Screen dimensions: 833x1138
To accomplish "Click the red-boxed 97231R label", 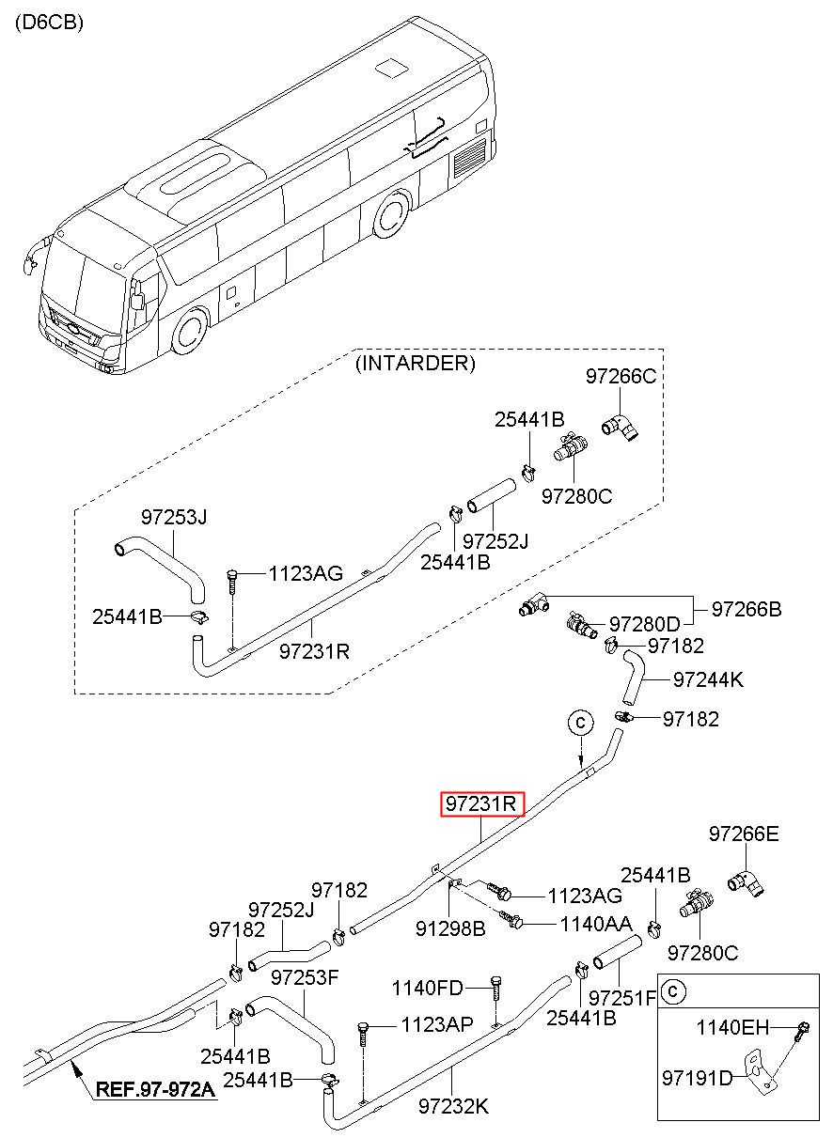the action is tap(481, 803).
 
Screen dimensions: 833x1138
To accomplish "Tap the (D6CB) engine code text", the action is tap(49, 23).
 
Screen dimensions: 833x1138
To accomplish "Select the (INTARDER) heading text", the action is tap(416, 364).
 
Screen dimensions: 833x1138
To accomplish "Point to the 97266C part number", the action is tap(621, 376).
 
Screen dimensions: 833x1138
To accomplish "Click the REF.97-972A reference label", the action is tap(155, 1090).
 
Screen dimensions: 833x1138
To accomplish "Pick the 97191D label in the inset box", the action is tap(698, 1077).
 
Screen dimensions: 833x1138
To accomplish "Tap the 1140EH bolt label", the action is tap(732, 1027).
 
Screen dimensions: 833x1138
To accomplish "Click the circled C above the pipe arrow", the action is tap(580, 722).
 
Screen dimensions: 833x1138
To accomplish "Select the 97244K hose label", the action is tap(708, 679).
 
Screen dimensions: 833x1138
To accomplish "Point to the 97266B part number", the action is tap(747, 609).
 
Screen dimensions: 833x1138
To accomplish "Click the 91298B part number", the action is tap(450, 928).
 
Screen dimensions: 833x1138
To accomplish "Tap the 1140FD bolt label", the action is tap(427, 989).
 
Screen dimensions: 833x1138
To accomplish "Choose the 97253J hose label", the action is tap(174, 517).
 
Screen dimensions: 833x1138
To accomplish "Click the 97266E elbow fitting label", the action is tap(744, 834).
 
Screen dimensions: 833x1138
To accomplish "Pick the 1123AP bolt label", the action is tap(437, 1024).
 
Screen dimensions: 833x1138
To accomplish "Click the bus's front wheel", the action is tap(191, 331).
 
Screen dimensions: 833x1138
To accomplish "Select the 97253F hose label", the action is tap(305, 977).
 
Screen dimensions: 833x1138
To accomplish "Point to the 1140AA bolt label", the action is tap(596, 924).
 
